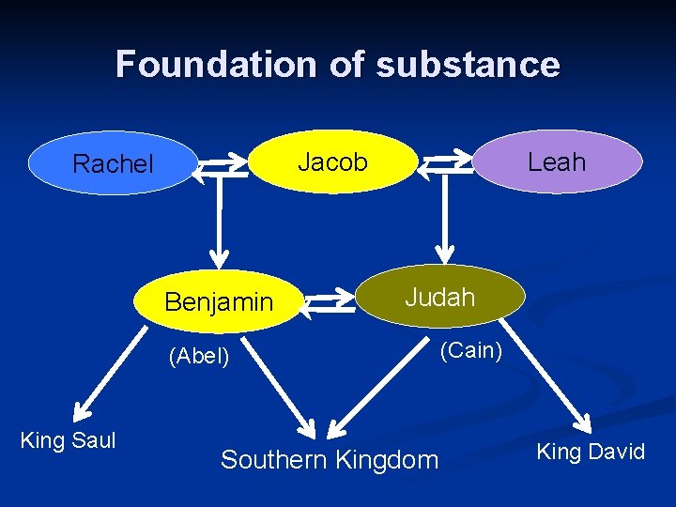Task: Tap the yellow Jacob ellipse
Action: [x=332, y=161]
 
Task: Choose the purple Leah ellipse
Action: [x=557, y=161]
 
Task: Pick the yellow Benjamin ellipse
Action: [x=219, y=302]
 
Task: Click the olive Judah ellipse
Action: [x=439, y=298]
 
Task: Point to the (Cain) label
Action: [x=471, y=350]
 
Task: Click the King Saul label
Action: [x=68, y=439]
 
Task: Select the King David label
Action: [x=590, y=452]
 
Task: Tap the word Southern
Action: [x=271, y=460]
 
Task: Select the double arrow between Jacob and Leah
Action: [x=444, y=165]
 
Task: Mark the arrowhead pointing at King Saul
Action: [x=81, y=411]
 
